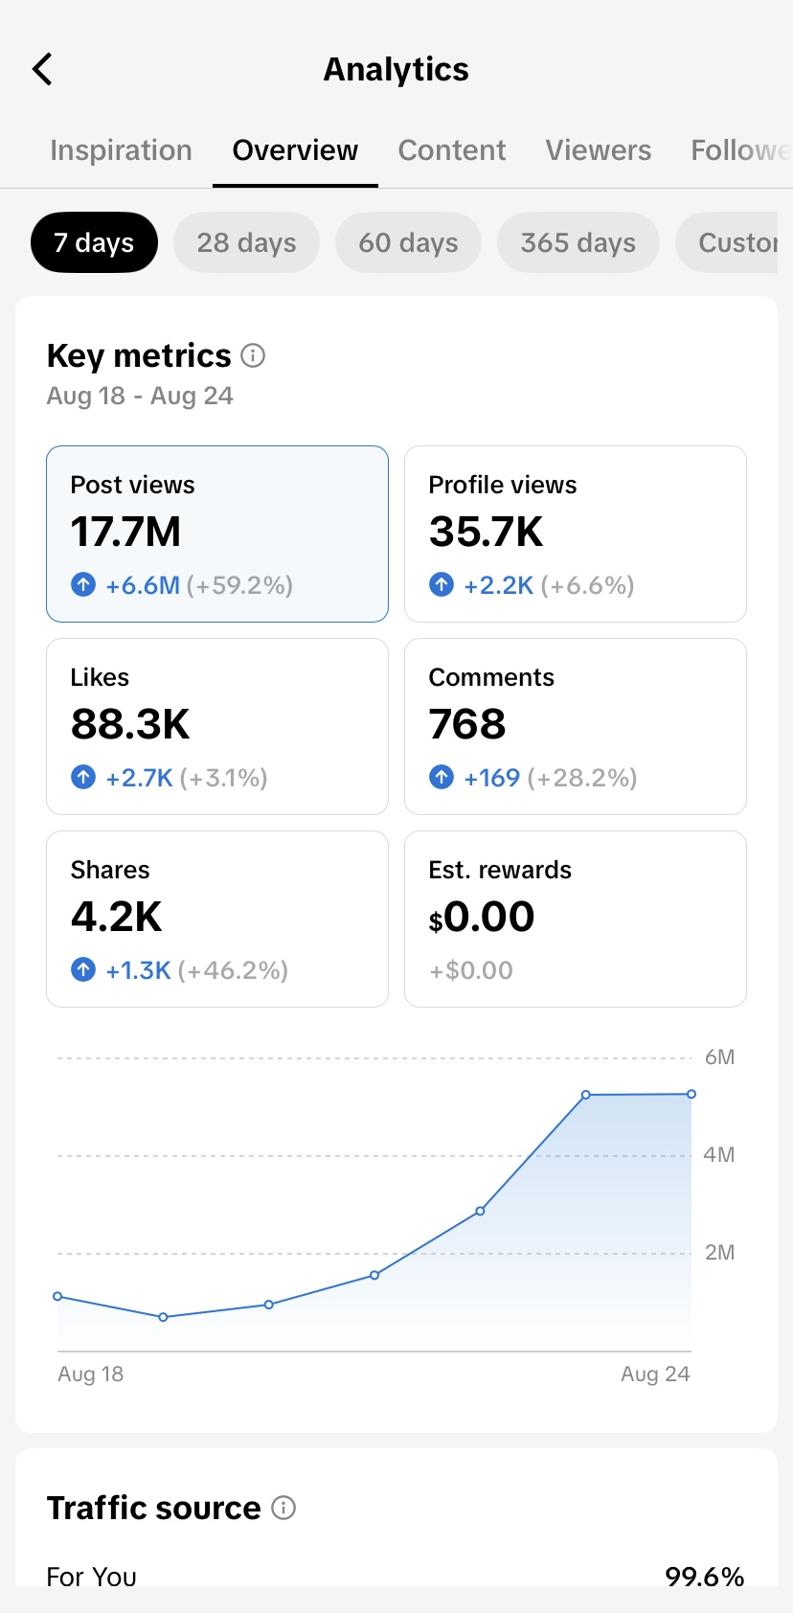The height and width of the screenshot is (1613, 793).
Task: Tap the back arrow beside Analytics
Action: pos(42,69)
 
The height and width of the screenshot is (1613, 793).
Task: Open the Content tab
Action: pos(452,149)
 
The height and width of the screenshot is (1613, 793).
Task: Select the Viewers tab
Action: pos(598,149)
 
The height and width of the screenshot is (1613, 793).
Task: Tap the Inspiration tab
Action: pos(121,150)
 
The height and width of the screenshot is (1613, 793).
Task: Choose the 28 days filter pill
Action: pos(246,242)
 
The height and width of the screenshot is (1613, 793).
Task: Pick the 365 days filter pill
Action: pos(578,242)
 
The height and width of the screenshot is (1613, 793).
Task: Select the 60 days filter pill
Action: pos(408,242)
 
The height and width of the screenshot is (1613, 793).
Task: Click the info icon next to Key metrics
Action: pos(253,355)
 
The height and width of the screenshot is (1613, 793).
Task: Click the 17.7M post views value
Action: pos(125,532)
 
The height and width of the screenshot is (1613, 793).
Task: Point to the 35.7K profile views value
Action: pos(486,532)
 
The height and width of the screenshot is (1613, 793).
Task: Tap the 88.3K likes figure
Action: pos(129,724)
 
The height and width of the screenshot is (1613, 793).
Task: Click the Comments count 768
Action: pos(466,724)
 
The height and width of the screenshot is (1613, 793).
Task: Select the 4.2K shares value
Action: pos(116,916)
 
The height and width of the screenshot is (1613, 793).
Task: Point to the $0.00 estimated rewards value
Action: pos(481,917)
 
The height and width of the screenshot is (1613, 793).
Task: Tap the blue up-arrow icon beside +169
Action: pos(442,777)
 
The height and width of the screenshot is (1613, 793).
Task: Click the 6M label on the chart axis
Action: pos(719,1057)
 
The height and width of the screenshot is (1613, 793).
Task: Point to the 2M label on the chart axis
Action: pos(719,1252)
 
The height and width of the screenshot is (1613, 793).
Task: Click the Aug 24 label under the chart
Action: pos(655,1374)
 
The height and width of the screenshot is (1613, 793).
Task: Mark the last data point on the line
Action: pos(691,1094)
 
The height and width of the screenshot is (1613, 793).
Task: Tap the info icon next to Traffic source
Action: pos(283,1507)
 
